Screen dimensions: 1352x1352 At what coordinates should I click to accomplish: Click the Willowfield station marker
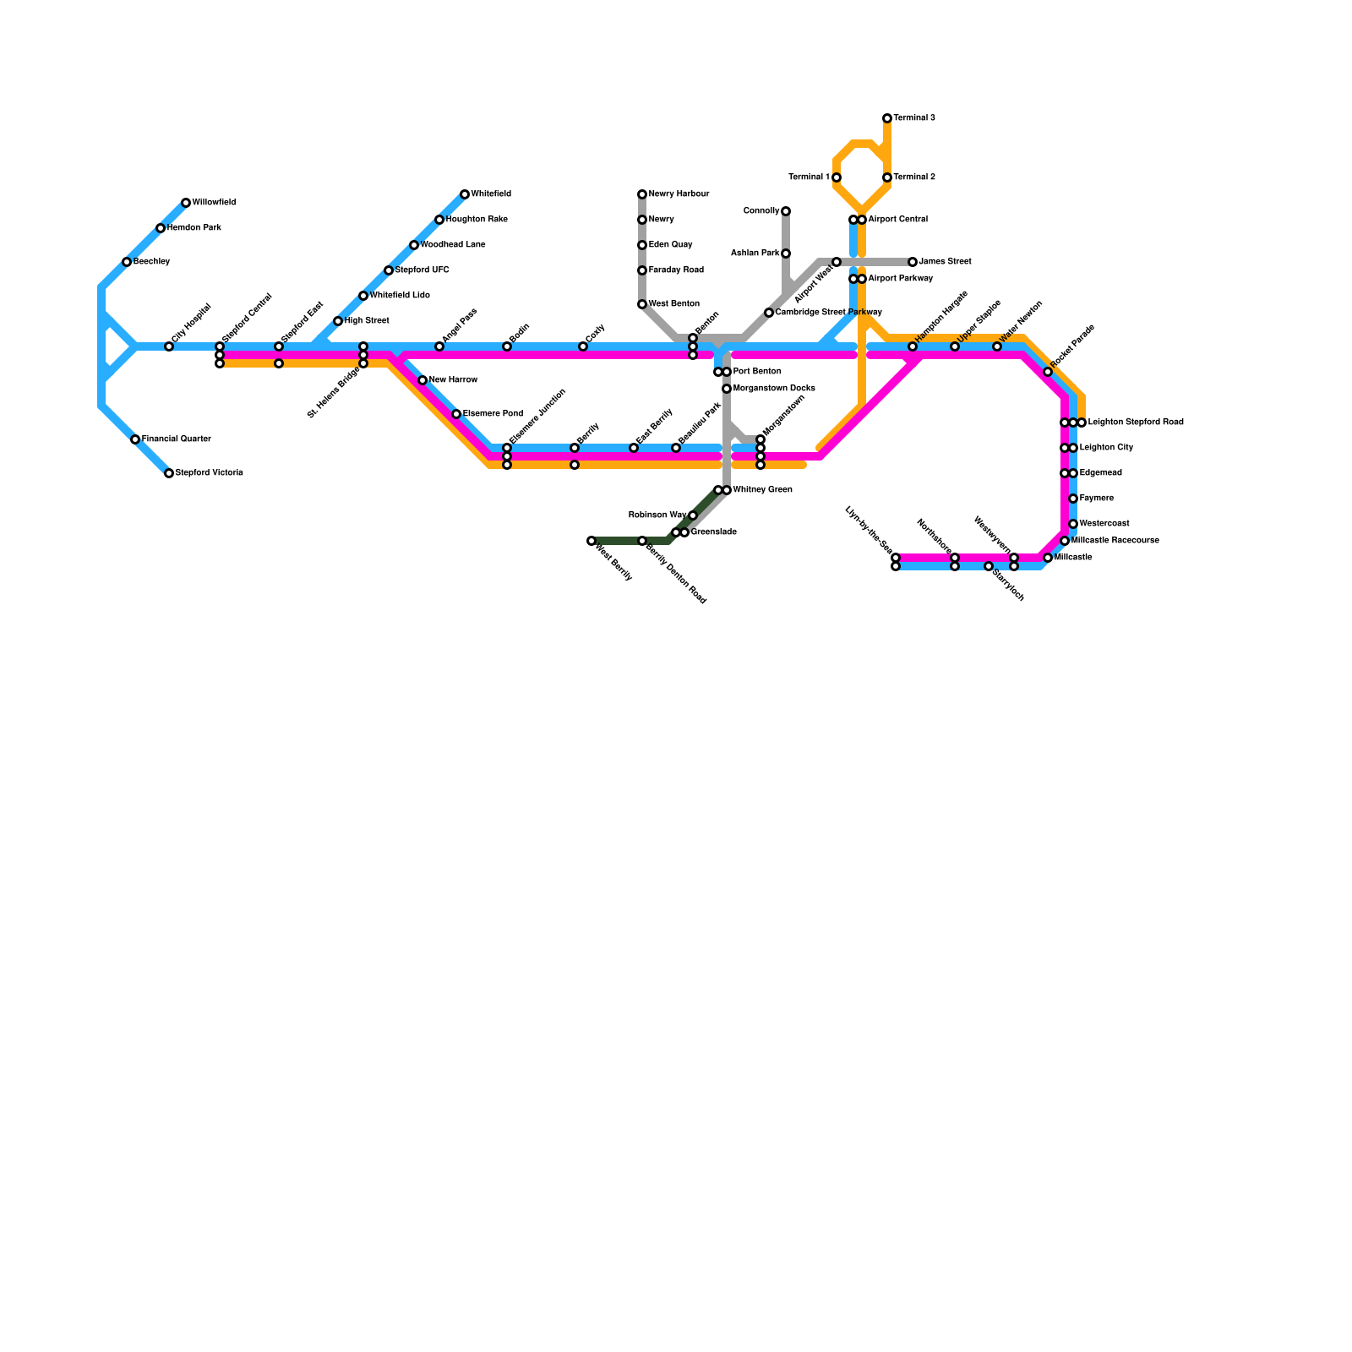click(x=186, y=203)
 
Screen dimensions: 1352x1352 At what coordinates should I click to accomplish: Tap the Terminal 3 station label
click(x=914, y=118)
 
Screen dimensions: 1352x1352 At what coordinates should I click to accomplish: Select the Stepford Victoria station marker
click(x=169, y=473)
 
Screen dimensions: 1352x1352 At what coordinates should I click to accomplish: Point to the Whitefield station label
click(x=491, y=194)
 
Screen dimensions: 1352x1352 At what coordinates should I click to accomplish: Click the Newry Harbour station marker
click(x=642, y=194)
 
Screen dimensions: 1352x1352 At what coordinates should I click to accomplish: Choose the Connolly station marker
click(x=786, y=211)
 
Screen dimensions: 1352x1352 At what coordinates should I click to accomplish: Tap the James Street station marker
click(x=913, y=262)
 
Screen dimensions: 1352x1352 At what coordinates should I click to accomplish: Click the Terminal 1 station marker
click(x=837, y=177)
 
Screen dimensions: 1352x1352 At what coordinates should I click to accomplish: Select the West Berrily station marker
click(x=591, y=541)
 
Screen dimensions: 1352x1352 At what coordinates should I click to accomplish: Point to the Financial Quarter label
click(x=176, y=439)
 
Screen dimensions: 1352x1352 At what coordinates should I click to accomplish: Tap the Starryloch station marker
click(x=989, y=566)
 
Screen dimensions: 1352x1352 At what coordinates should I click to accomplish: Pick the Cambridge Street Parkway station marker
click(x=769, y=313)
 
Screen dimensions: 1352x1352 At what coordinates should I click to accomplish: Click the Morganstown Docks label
click(x=774, y=389)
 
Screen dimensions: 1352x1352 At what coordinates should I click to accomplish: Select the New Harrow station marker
click(x=422, y=380)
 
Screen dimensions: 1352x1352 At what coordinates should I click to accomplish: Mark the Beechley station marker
click(x=127, y=262)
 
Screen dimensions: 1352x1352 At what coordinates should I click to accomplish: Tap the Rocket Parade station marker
click(x=1048, y=372)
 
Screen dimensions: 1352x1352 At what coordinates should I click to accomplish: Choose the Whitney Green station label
click(x=762, y=490)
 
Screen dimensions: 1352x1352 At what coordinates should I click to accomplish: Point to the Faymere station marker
click(x=1073, y=499)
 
